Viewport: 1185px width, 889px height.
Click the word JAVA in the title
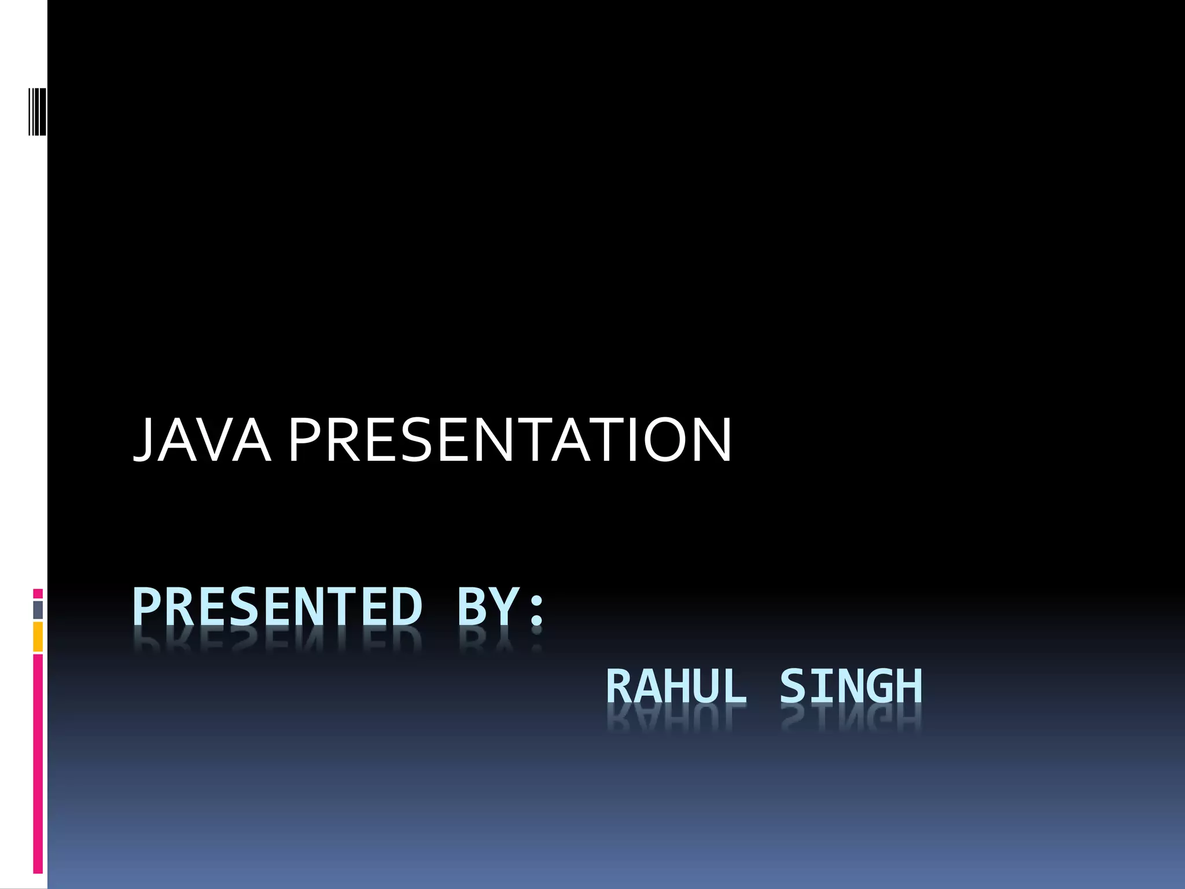pyautogui.click(x=203, y=441)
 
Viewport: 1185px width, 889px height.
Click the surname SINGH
pyautogui.click(x=851, y=686)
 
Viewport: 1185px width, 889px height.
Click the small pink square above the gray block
pyautogui.click(x=38, y=594)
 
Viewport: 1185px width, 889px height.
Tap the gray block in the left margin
pyautogui.click(x=38, y=610)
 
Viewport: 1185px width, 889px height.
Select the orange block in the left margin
pyautogui.click(x=38, y=637)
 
